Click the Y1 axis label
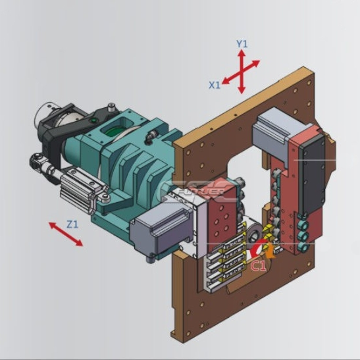(242, 44)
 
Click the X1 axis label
(215, 85)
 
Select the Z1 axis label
(72, 224)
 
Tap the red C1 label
(259, 266)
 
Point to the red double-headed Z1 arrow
(66, 234)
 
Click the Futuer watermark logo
(197, 191)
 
